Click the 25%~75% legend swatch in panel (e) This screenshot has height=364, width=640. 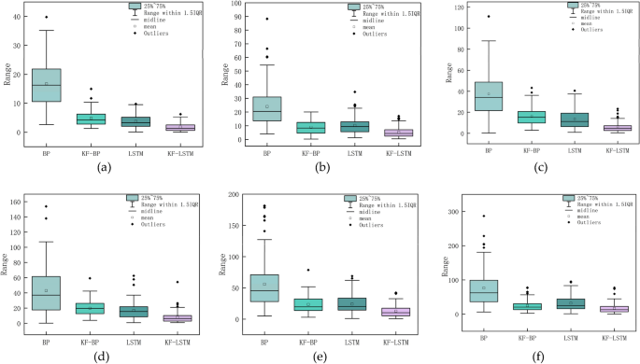(350, 199)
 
